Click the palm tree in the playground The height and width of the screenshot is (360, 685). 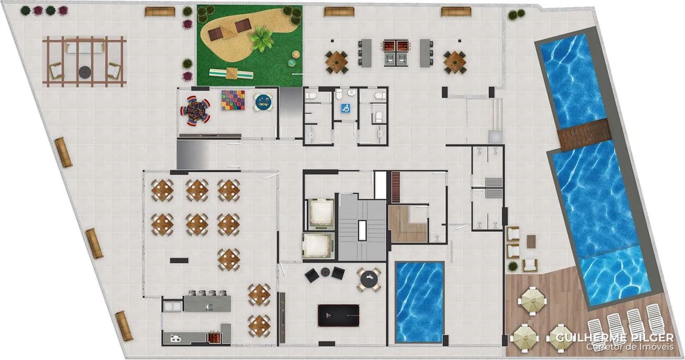pyautogui.click(x=261, y=38)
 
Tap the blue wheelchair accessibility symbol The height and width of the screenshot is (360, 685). pyautogui.click(x=346, y=109)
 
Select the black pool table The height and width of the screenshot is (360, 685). pyautogui.click(x=338, y=315)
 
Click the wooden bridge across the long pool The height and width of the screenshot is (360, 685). pyautogui.click(x=583, y=134)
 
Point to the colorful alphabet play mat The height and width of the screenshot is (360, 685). pyautogui.click(x=233, y=100)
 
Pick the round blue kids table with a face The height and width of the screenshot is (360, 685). pyautogui.click(x=262, y=101)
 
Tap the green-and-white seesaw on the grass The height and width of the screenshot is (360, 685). pyautogui.click(x=230, y=73)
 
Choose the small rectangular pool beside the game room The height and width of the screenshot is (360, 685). pyautogui.click(x=419, y=302)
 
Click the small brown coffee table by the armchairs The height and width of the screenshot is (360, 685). pyautogui.click(x=531, y=241)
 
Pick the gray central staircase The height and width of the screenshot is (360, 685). pyautogui.click(x=361, y=227)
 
